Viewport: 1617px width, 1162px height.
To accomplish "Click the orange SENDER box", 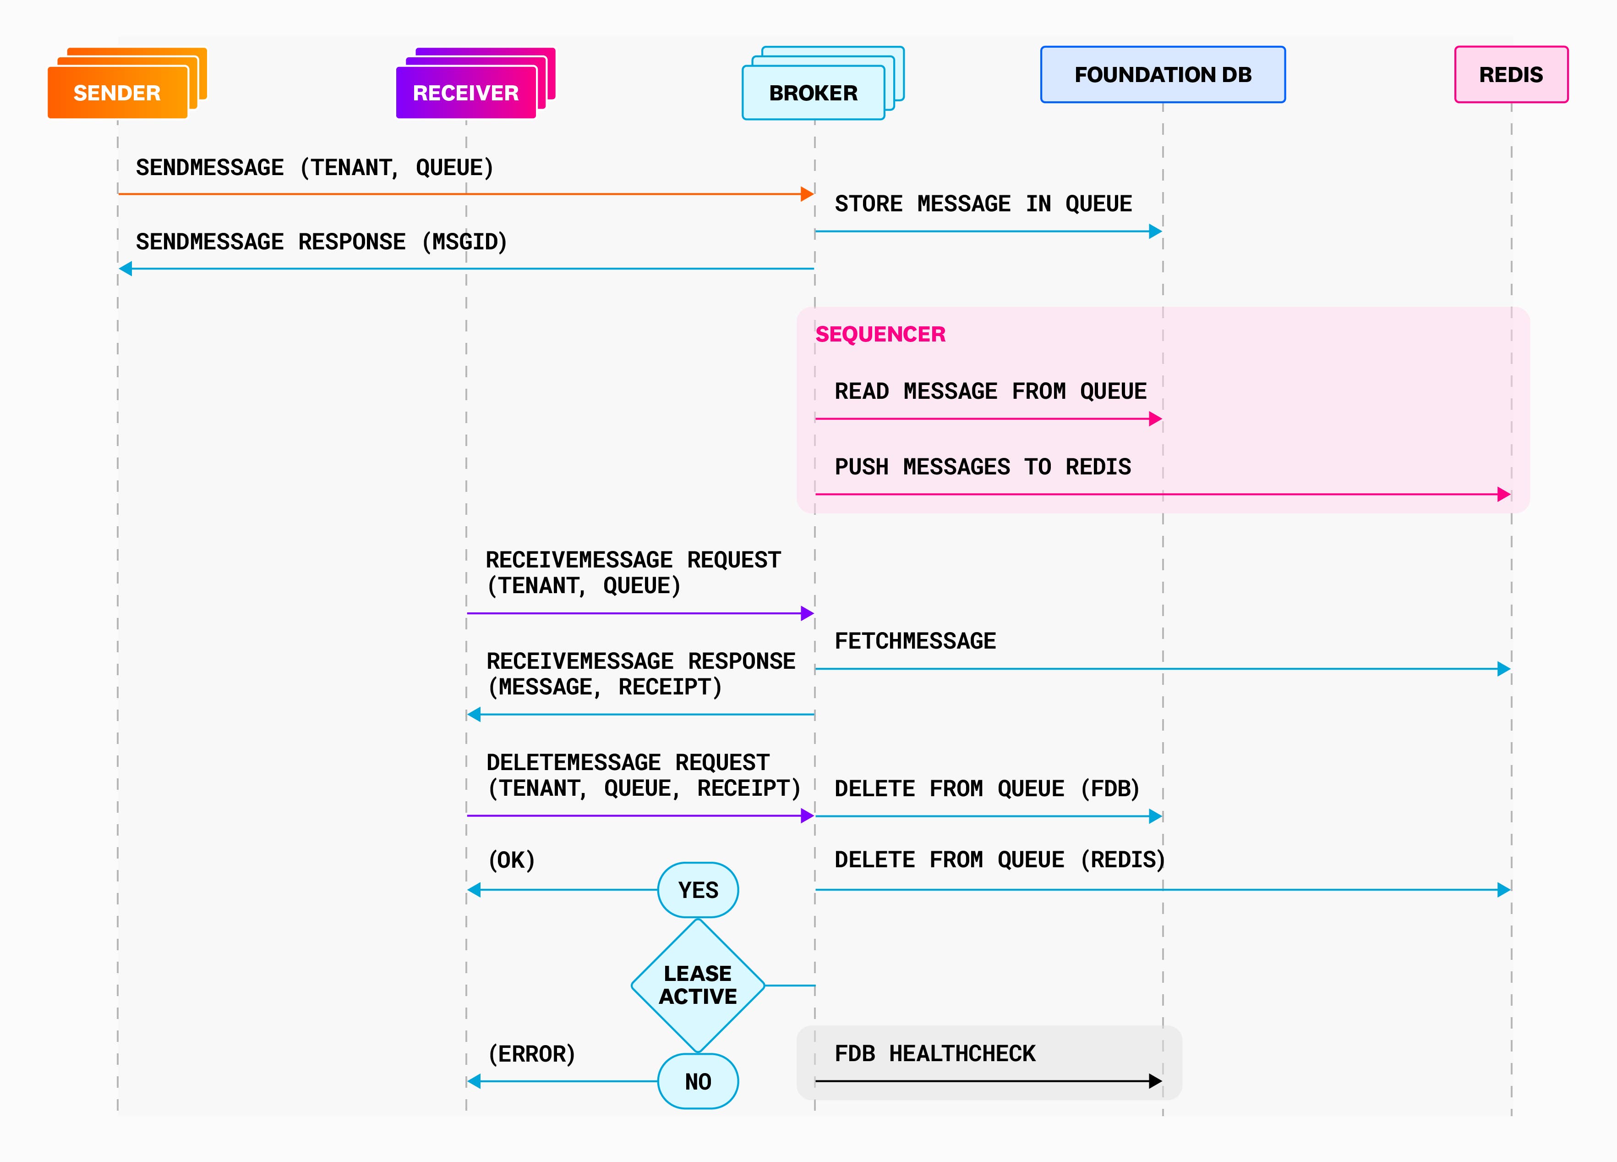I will pyautogui.click(x=117, y=92).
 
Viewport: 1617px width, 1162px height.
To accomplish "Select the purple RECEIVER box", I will pyautogui.click(x=465, y=92).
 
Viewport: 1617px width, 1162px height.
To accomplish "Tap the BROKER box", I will pyautogui.click(x=813, y=93).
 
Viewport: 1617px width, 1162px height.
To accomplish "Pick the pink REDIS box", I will pyautogui.click(x=1510, y=74).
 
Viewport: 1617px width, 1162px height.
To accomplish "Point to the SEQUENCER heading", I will pyautogui.click(x=880, y=334).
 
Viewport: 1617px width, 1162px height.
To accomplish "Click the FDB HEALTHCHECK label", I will pyautogui.click(x=934, y=1053).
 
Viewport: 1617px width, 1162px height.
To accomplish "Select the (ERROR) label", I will pyautogui.click(x=531, y=1053).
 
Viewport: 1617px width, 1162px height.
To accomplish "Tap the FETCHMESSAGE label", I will pyautogui.click(x=915, y=640).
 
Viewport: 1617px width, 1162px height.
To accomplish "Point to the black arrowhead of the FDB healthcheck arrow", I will pyautogui.click(x=1155, y=1081).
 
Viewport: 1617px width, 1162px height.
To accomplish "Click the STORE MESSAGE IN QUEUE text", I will pyautogui.click(x=983, y=204).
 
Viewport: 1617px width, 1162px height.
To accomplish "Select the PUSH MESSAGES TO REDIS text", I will pyautogui.click(x=983, y=467).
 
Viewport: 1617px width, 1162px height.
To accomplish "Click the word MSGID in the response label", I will pyautogui.click(x=465, y=242).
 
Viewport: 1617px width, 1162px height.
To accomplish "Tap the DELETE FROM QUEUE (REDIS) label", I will pyautogui.click(x=999, y=859).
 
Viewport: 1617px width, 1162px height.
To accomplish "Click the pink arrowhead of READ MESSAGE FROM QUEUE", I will pyautogui.click(x=1155, y=419).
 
